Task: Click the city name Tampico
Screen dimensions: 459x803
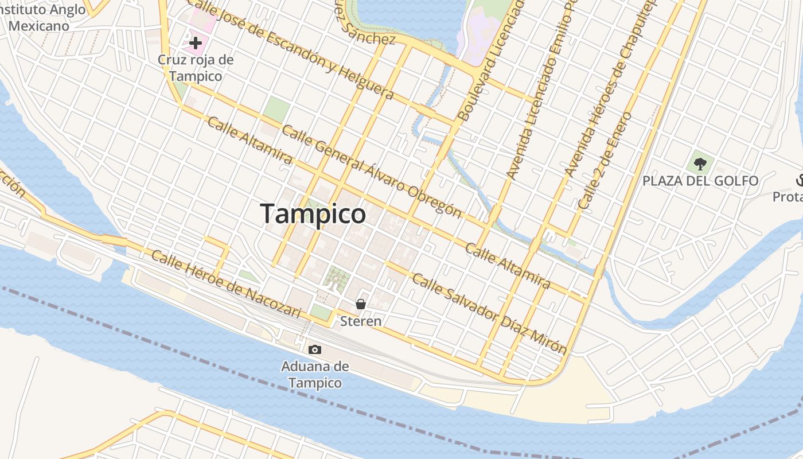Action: [x=313, y=213]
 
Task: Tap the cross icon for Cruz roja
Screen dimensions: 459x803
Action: [x=196, y=42]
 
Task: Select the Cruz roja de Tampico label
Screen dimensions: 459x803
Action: [x=196, y=67]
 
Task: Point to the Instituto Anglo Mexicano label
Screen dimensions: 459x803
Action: [x=43, y=18]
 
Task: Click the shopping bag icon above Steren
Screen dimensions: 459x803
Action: [x=361, y=304]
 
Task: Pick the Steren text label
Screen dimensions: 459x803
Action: [x=361, y=321]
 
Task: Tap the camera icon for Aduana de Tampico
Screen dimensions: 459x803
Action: [x=314, y=349]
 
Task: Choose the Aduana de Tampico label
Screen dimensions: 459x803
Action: [x=315, y=375]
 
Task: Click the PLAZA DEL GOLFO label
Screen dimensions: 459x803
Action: [x=700, y=181]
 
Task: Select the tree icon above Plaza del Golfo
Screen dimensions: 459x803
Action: [x=700, y=164]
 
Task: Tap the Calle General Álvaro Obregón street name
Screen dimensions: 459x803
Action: [x=372, y=171]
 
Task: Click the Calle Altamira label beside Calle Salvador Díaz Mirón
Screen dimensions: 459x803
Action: [x=508, y=266]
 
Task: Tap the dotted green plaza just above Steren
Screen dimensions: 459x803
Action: [x=337, y=278]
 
